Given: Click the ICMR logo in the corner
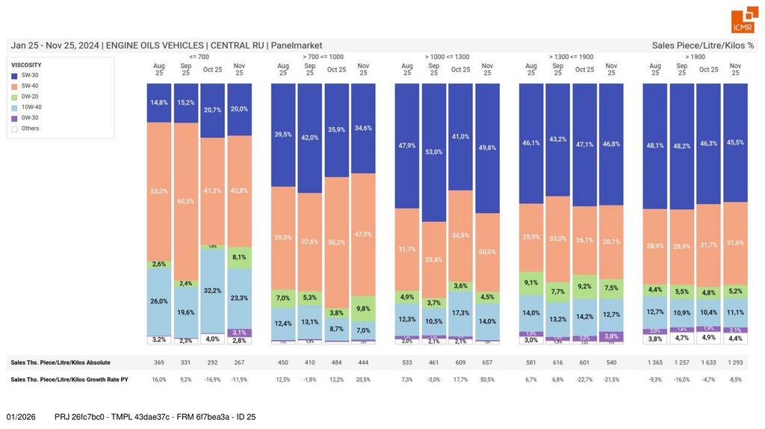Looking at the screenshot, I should pyautogui.click(x=743, y=20).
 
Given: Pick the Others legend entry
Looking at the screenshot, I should pyautogui.click(x=30, y=129).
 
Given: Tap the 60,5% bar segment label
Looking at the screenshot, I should pyautogui.click(x=186, y=202).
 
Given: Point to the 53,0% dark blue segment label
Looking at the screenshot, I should pyautogui.click(x=434, y=152).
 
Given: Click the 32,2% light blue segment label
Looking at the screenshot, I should pyautogui.click(x=213, y=290).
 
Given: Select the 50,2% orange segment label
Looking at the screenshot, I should pyautogui.click(x=336, y=241).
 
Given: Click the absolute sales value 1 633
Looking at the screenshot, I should pyautogui.click(x=708, y=362).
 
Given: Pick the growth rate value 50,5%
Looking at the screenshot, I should pyautogui.click(x=488, y=380).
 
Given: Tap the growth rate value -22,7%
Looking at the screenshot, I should pyautogui.click(x=585, y=380).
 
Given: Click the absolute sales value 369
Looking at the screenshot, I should pyautogui.click(x=159, y=362).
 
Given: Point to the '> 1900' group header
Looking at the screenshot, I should pyautogui.click(x=695, y=56).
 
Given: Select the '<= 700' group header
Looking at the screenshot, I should pyautogui.click(x=199, y=56).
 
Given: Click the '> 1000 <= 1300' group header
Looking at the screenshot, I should pyautogui.click(x=447, y=56).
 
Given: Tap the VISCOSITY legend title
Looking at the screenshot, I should pyautogui.click(x=26, y=65).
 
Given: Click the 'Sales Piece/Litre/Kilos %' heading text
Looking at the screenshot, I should pyautogui.click(x=703, y=46).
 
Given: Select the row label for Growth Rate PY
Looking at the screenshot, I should pyautogui.click(x=69, y=380).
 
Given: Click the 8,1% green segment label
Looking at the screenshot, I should pyautogui.click(x=239, y=257).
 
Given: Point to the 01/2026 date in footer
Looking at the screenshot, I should pyautogui.click(x=21, y=416).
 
